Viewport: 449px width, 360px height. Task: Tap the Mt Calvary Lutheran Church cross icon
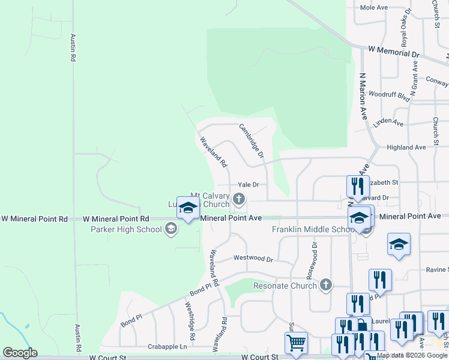[239, 199]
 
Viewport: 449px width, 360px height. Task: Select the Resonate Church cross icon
[326, 285]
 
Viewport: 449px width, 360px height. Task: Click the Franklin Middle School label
[312, 229]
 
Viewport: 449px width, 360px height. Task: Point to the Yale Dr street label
[248, 185]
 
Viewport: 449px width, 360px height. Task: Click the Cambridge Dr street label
[252, 140]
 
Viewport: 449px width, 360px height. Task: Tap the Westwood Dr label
[253, 259]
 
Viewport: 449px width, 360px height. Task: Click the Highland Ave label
[406, 147]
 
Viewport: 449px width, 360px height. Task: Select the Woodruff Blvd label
[389, 95]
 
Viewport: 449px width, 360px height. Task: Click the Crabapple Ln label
[167, 347]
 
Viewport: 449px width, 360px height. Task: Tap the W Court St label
[109, 356]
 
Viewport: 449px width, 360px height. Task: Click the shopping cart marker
[296, 343]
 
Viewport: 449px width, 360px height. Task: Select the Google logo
[20, 352]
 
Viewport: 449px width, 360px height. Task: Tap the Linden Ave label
[388, 122]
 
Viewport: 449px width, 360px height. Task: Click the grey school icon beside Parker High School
[171, 228]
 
